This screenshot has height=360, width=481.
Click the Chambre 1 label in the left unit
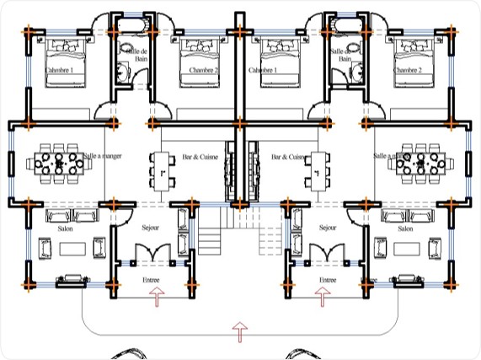[60, 70]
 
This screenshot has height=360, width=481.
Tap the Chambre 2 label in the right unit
[408, 70]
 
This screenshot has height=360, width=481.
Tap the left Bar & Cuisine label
[200, 157]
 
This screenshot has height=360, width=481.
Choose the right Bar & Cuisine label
[287, 157]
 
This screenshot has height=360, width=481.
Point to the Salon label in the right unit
[404, 228]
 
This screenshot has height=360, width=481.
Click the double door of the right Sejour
[324, 253]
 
